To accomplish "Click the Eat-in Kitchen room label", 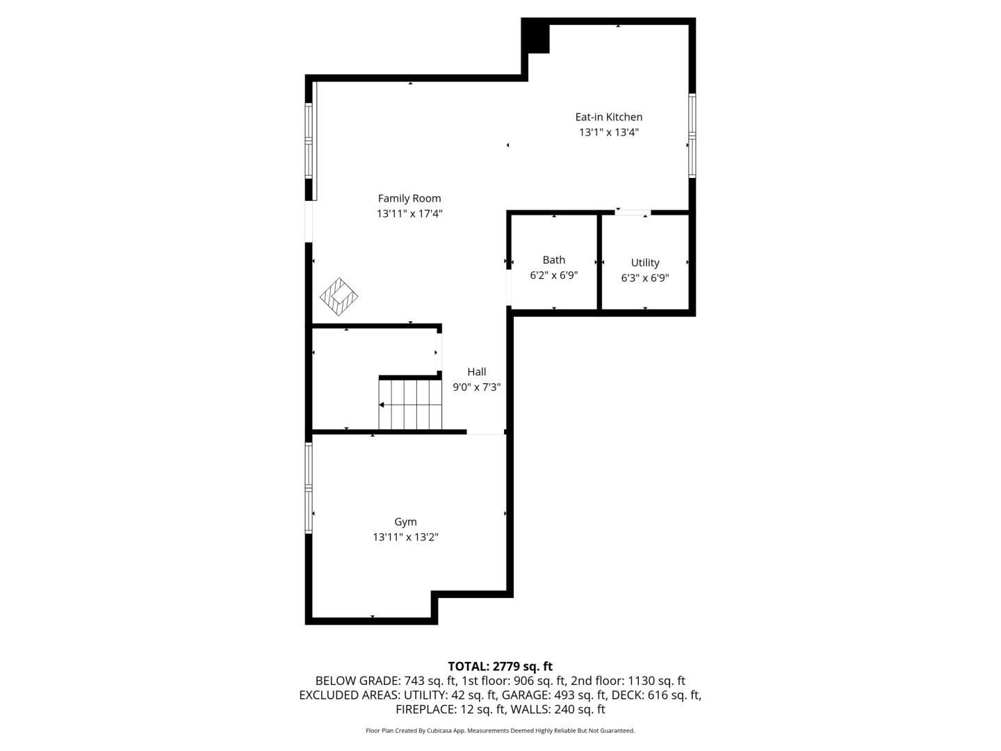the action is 608,118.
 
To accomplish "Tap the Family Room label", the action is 409,199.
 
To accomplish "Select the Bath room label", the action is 553,260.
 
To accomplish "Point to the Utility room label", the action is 645,263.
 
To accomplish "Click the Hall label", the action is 477,371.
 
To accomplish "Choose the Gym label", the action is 405,522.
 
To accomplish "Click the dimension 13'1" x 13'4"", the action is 609,132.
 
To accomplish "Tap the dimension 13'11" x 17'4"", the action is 409,213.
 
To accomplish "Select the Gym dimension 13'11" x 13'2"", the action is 405,537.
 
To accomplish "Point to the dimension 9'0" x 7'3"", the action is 477,387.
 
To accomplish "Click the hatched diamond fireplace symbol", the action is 339,296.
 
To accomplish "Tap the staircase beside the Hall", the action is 410,405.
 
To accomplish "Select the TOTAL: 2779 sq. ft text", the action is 500,666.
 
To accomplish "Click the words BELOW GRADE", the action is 357,681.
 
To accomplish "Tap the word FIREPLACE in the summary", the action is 426,709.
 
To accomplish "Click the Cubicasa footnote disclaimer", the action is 500,730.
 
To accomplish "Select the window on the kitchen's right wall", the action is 692,136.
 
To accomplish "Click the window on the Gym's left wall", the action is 309,487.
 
